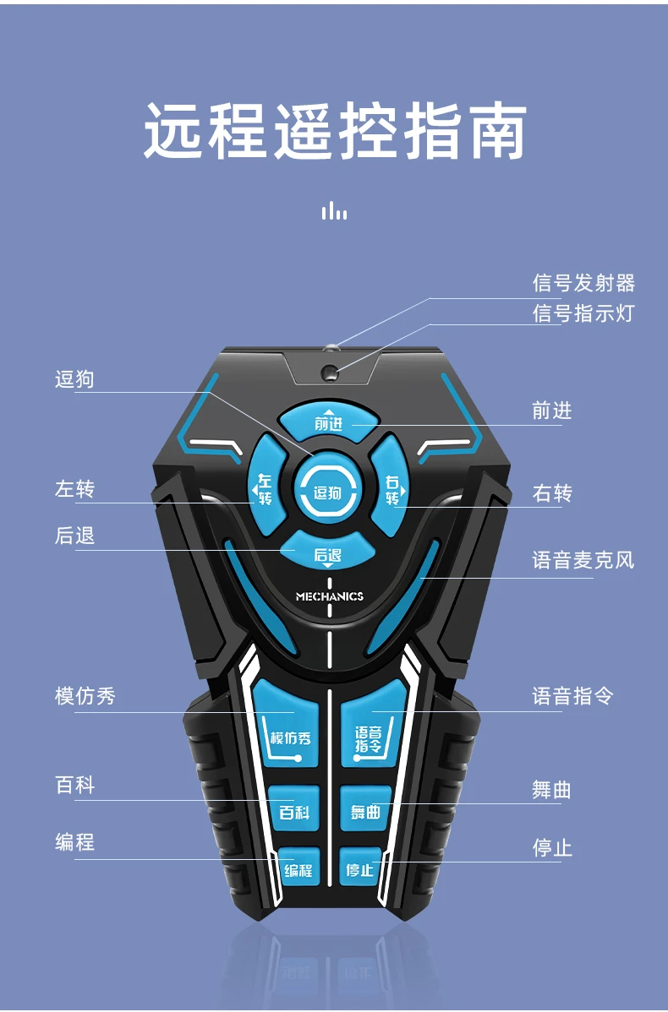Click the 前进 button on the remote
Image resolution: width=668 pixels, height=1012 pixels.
click(x=328, y=422)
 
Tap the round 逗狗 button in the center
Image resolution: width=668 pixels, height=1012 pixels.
click(x=328, y=493)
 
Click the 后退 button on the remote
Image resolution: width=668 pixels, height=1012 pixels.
click(x=327, y=552)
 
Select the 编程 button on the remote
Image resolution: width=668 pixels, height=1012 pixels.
click(x=298, y=868)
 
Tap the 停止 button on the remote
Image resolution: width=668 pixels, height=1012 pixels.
click(x=360, y=868)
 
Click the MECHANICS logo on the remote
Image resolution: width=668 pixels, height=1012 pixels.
click(x=329, y=596)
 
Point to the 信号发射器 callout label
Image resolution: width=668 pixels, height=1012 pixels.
click(x=583, y=283)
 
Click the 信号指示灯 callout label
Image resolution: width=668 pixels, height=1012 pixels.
click(x=583, y=313)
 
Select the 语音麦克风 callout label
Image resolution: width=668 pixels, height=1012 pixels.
click(x=583, y=560)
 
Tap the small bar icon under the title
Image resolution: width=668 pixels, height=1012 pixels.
click(x=334, y=210)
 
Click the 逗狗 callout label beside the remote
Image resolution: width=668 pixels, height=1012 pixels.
click(x=74, y=379)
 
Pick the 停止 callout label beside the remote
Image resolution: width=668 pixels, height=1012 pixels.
click(x=552, y=848)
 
